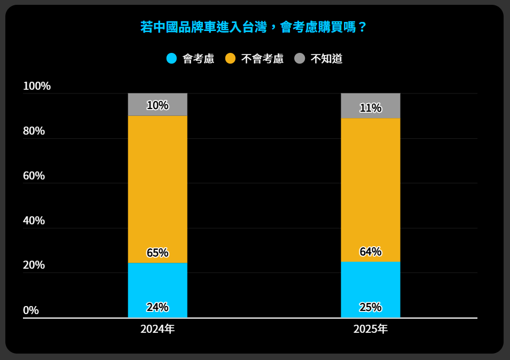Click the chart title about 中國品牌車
(254, 27)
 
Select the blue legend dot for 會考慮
(171, 59)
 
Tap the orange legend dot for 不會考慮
(230, 59)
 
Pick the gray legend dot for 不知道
(300, 59)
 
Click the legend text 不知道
(326, 59)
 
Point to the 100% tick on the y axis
(37, 86)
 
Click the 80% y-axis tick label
(34, 131)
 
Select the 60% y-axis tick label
(34, 176)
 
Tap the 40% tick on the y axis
(34, 221)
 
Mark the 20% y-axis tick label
(34, 265)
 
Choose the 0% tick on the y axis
(31, 310)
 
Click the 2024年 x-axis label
(158, 329)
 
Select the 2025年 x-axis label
(371, 329)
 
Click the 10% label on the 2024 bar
(158, 105)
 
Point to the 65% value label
(158, 253)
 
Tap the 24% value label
(158, 307)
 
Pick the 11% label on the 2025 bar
(371, 108)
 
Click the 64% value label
(371, 252)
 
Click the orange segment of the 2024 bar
(158, 187)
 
